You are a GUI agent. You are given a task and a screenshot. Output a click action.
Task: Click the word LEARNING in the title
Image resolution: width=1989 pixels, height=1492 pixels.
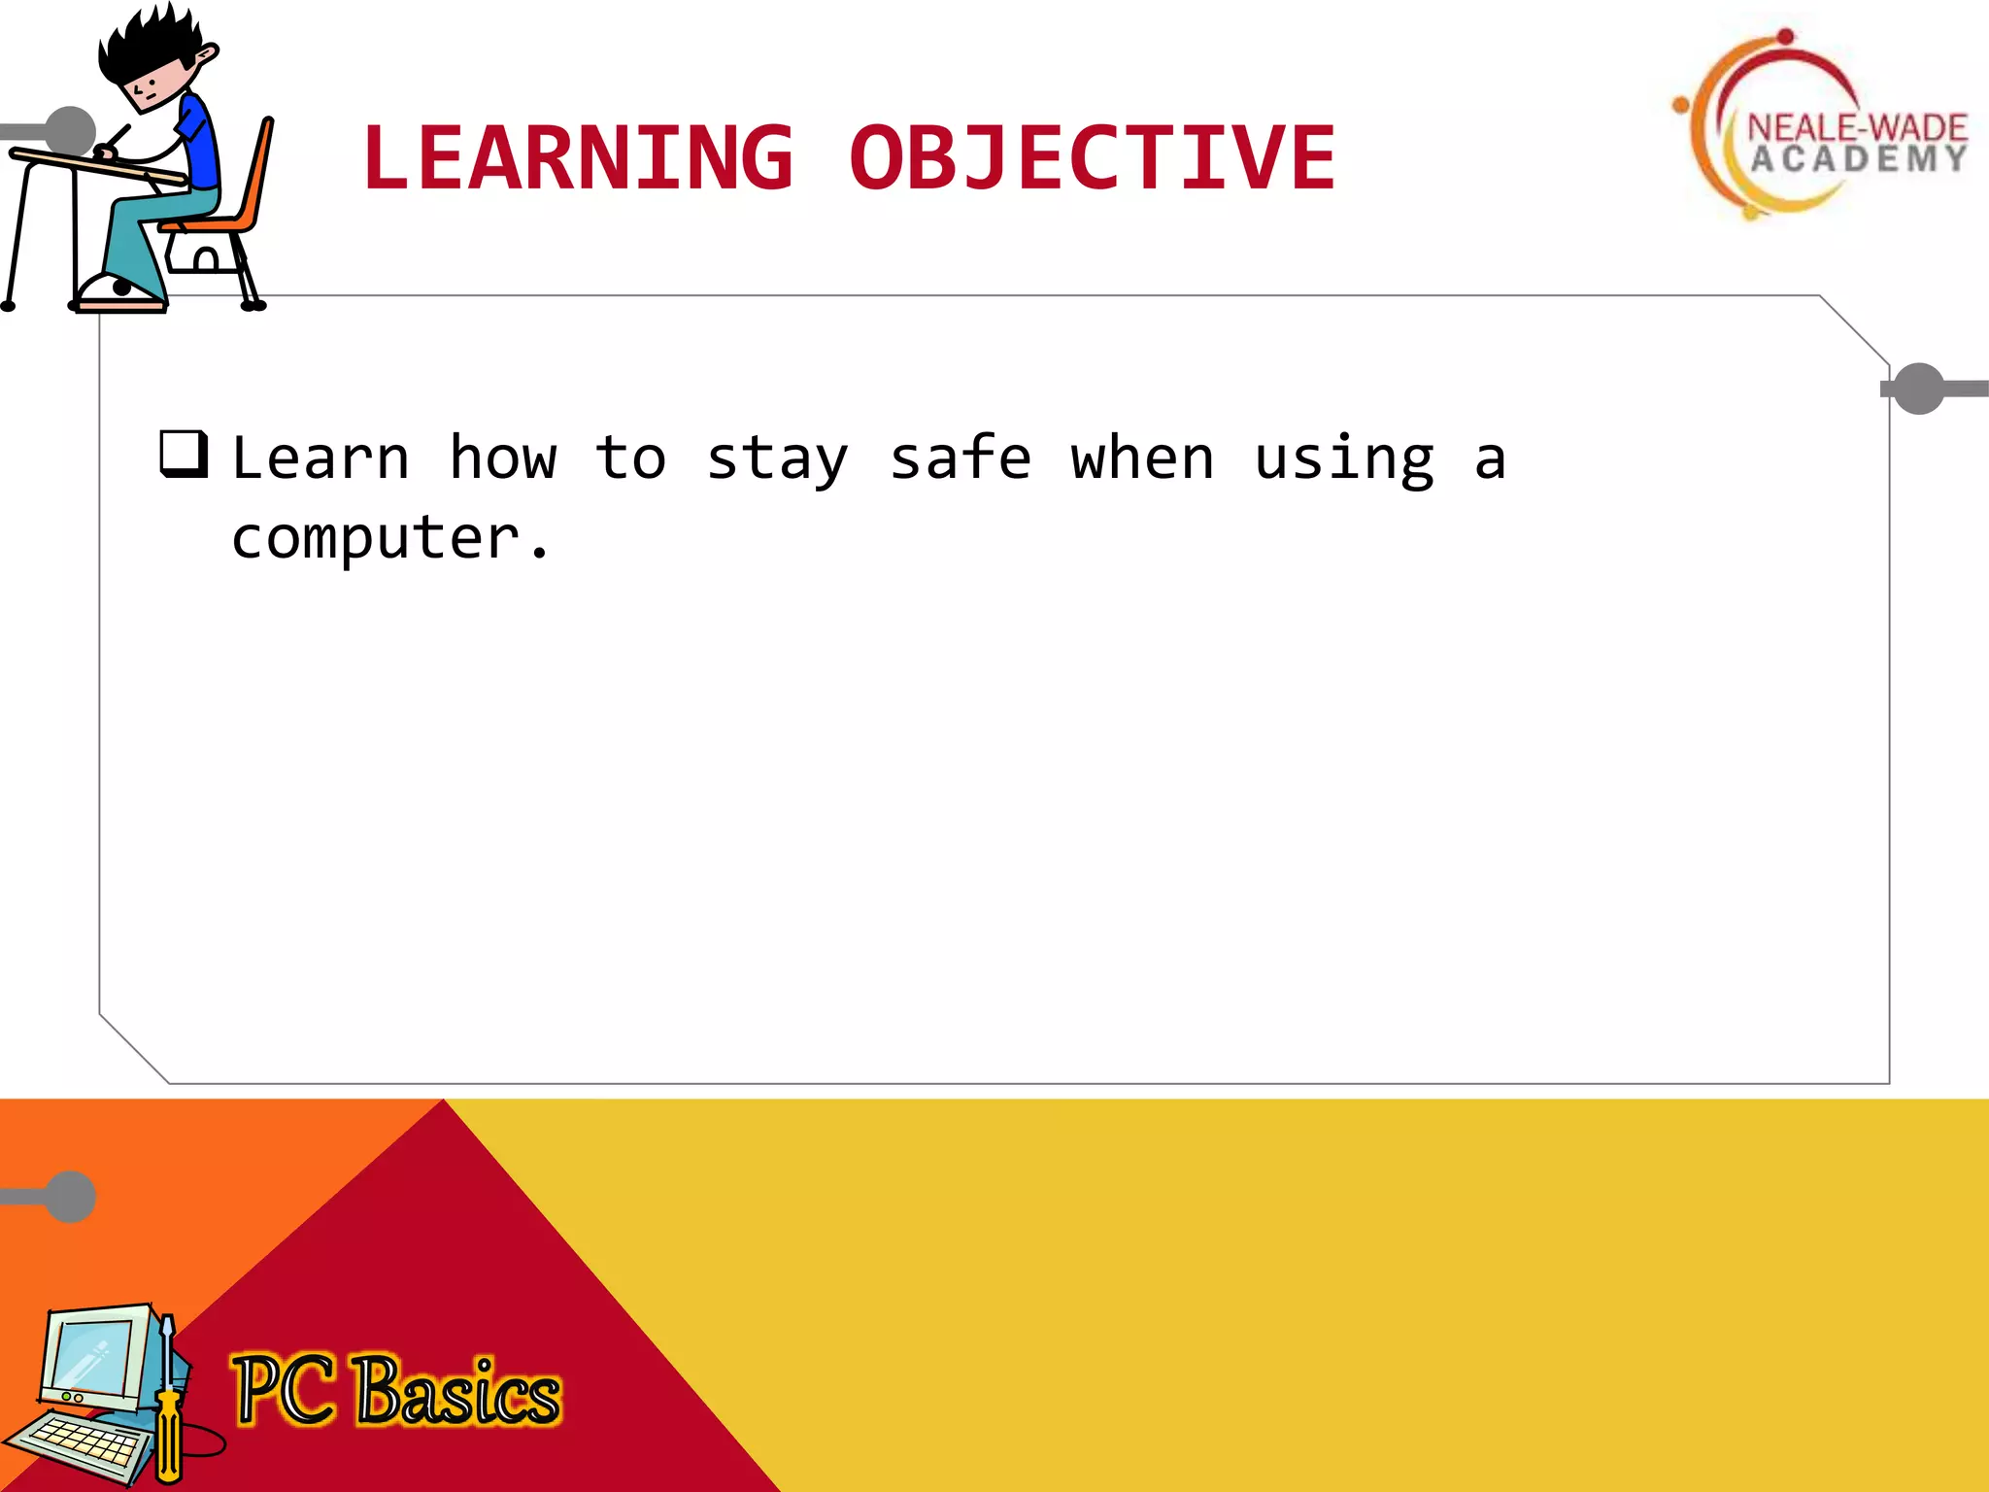(x=578, y=157)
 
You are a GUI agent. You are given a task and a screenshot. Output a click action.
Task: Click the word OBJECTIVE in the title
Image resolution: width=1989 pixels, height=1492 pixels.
(x=1092, y=157)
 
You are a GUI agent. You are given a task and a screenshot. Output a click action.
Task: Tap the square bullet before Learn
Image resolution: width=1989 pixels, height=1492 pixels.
(x=184, y=454)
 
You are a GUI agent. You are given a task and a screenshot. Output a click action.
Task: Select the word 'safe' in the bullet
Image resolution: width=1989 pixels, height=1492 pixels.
(x=961, y=458)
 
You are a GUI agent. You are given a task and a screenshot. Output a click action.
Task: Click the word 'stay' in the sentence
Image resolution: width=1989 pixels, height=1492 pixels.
(x=777, y=459)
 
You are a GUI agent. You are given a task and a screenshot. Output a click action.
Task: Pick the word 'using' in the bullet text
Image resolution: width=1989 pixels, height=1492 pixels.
(x=1344, y=459)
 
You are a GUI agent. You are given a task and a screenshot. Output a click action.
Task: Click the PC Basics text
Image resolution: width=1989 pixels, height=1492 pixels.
(x=396, y=1391)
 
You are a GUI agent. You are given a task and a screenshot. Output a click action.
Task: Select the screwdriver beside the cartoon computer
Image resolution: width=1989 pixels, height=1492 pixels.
(x=168, y=1399)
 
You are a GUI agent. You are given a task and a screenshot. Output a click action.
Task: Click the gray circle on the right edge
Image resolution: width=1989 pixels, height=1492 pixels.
(x=1918, y=389)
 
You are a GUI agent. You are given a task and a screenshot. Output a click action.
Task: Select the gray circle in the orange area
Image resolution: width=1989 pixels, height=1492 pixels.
(x=71, y=1196)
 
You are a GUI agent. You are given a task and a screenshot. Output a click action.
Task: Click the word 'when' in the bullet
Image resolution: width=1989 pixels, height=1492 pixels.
(x=1142, y=458)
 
